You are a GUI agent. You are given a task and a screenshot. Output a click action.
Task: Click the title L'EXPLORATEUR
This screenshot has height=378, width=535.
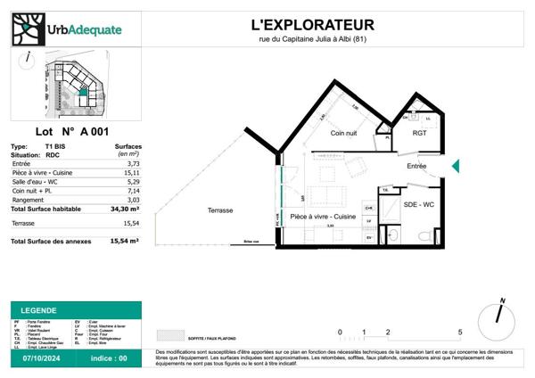click(x=309, y=24)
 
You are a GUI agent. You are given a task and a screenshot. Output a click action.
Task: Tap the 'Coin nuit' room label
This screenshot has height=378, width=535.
click(x=345, y=133)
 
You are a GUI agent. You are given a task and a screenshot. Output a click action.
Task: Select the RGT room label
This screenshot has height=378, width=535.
click(x=419, y=133)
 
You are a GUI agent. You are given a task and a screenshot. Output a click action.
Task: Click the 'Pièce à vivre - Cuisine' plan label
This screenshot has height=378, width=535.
click(x=323, y=217)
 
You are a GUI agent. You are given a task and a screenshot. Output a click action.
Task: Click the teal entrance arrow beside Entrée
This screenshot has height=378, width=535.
click(x=455, y=166)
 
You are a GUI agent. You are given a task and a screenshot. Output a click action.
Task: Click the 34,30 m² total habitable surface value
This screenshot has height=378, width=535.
click(x=125, y=209)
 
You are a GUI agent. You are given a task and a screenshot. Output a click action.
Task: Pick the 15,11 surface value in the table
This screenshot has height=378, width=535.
click(x=131, y=172)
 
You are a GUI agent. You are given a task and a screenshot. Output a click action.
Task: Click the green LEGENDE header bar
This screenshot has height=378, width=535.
click(x=75, y=309)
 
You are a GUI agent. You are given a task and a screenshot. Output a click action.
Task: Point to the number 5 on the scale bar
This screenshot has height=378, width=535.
click(x=459, y=331)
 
